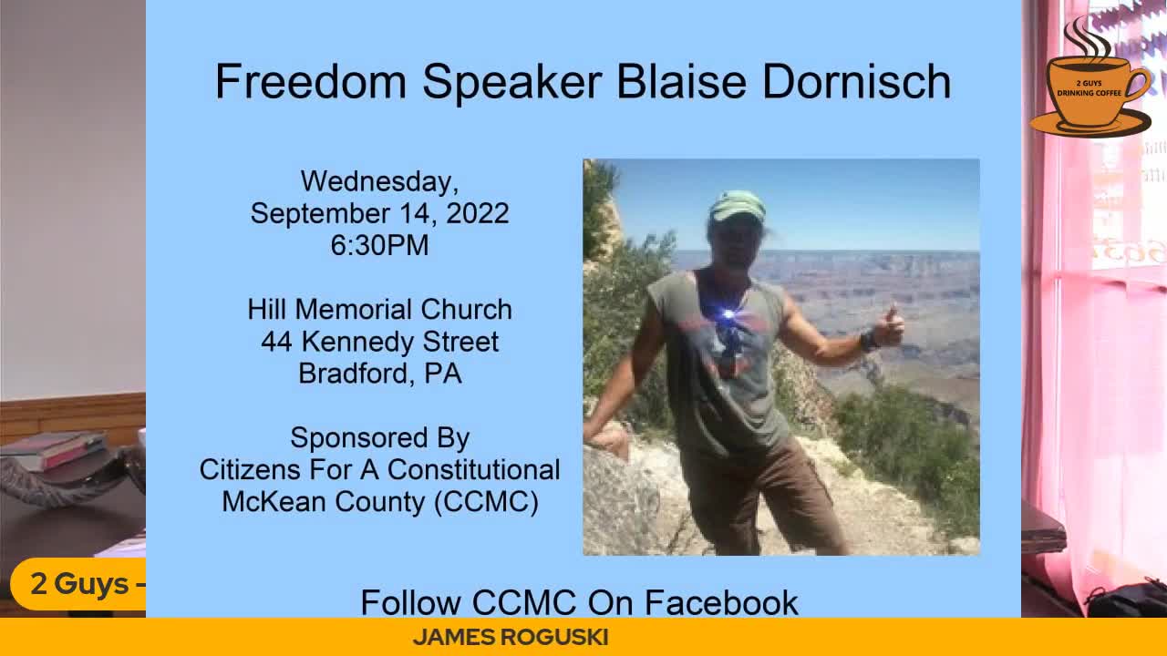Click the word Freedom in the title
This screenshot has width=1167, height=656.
(x=311, y=81)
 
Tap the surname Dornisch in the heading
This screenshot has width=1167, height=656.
(x=856, y=81)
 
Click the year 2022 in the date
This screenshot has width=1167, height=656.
(x=477, y=213)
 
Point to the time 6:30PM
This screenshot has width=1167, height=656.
(x=380, y=245)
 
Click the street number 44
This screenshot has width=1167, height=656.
(x=276, y=342)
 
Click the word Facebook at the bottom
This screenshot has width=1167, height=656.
(x=721, y=603)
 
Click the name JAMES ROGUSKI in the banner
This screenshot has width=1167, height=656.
(x=511, y=637)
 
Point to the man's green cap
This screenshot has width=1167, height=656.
(x=738, y=206)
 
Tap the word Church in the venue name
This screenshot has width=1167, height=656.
(x=466, y=309)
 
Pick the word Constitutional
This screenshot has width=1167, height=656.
(x=473, y=469)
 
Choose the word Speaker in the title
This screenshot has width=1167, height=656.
(x=512, y=82)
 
